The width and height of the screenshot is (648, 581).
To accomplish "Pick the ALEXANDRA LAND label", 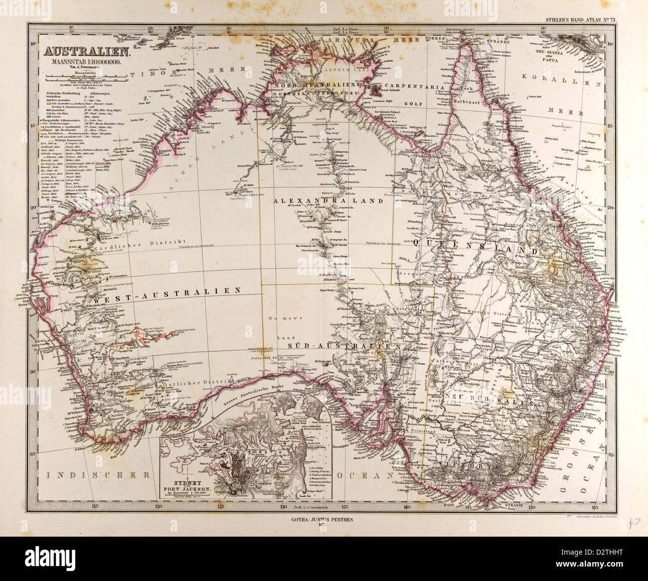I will (x=328, y=201).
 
